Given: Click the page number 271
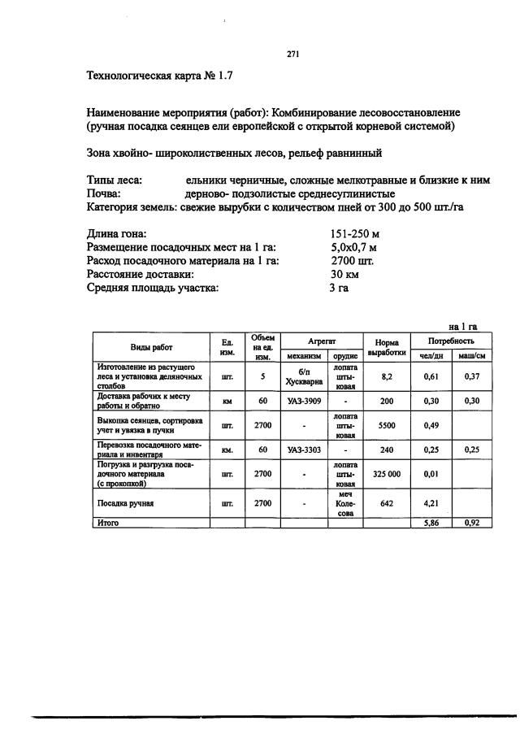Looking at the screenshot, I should tap(294, 54).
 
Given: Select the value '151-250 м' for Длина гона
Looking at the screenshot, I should tap(355, 234).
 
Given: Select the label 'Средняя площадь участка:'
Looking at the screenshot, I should tap(153, 288).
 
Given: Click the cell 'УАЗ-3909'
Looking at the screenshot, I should tap(304, 401).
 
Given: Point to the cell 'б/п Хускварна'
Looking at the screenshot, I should tap(304, 377).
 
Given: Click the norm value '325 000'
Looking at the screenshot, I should tap(386, 472).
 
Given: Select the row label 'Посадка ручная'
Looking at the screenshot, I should tap(126, 503).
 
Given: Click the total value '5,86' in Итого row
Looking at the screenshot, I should tap(431, 523).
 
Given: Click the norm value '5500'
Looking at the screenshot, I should tap(386, 424).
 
